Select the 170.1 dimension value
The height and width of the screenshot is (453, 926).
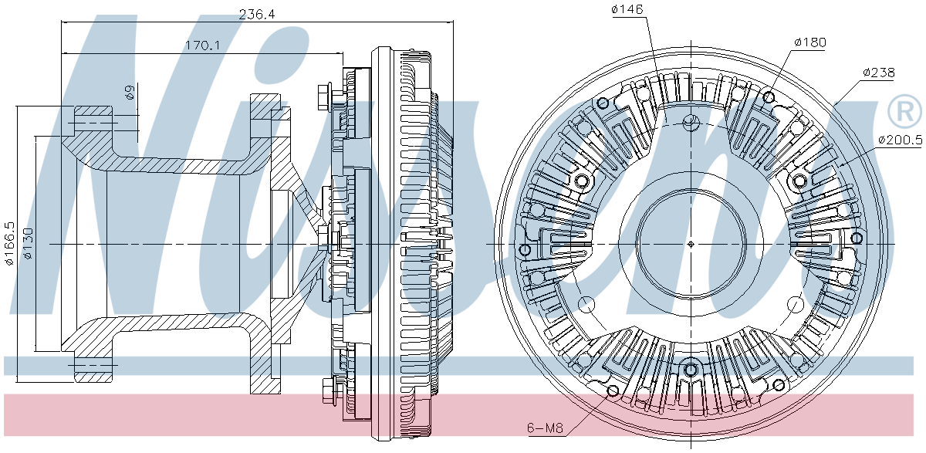(x=203, y=46)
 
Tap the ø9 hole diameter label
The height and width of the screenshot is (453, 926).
(x=130, y=93)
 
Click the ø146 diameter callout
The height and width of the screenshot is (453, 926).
(x=627, y=9)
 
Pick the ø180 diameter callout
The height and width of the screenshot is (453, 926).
(x=809, y=42)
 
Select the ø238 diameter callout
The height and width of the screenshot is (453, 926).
(x=878, y=73)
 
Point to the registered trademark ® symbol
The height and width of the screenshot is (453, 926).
(x=904, y=113)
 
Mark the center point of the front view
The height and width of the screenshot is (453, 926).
(x=691, y=244)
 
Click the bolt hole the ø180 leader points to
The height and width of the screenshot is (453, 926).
(x=769, y=98)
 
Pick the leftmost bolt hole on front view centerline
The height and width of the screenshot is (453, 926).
(x=526, y=250)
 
